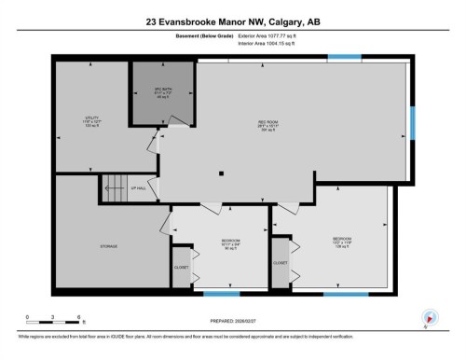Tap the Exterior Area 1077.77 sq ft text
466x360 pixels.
[272, 35]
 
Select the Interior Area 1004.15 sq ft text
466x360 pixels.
[271, 42]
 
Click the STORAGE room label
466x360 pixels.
[109, 246]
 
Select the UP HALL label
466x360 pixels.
[138, 189]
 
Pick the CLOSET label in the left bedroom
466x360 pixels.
[181, 268]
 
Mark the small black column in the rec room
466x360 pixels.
[221, 173]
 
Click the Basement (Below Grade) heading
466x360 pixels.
[204, 35]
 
